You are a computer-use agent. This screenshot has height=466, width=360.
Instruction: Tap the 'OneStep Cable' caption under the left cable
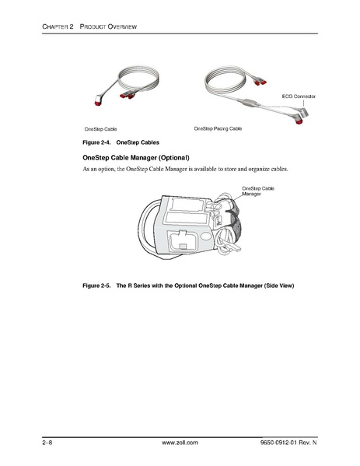coord(100,128)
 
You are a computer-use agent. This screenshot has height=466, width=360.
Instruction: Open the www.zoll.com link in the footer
coord(180,442)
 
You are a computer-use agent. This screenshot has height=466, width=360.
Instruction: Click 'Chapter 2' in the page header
coord(58,27)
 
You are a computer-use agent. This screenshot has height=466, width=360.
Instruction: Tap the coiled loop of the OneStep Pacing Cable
coord(225,83)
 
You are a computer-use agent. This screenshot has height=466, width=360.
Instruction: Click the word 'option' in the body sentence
coord(103,169)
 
